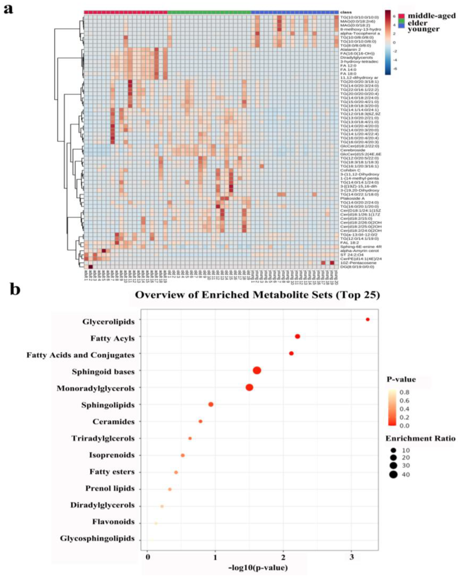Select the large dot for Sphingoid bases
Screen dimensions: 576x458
click(257, 371)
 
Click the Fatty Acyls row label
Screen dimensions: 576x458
click(112, 338)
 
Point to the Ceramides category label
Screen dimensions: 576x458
click(113, 422)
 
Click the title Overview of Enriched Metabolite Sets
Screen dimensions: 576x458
click(257, 295)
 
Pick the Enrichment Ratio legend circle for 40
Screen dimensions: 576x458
click(393, 474)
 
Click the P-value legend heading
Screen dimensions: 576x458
click(401, 379)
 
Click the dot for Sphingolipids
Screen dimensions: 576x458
click(211, 404)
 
